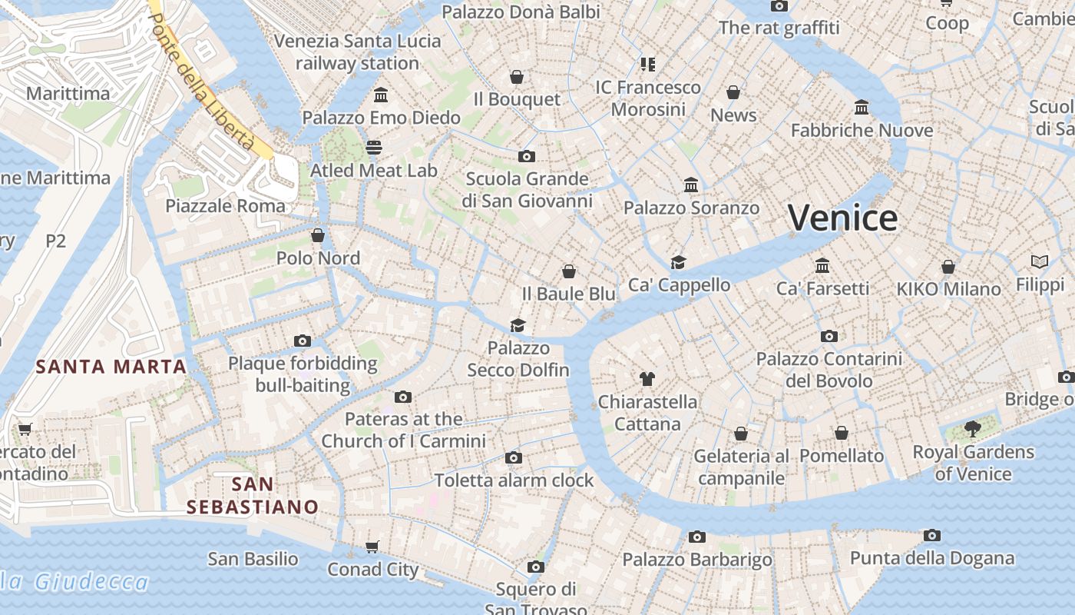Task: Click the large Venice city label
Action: tap(842, 218)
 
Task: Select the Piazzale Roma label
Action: tap(225, 206)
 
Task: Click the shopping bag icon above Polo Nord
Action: tap(318, 235)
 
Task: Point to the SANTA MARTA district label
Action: tap(111, 367)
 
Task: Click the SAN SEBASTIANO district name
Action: tap(253, 496)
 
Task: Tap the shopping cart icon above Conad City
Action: tap(372, 547)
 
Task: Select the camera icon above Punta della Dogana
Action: tap(932, 535)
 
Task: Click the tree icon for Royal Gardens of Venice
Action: tap(973, 429)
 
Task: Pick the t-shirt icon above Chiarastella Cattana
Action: tap(647, 378)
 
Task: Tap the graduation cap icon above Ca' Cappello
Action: tap(678, 262)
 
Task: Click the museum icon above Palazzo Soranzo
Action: tap(691, 185)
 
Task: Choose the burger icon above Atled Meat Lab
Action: tap(374, 147)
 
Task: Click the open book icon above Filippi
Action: tap(1040, 262)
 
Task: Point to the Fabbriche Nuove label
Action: tap(862, 130)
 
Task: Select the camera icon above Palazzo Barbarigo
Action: tap(697, 537)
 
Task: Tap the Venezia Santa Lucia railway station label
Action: tap(357, 52)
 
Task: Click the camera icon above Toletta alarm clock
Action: tap(514, 457)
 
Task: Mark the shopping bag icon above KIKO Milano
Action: tap(948, 267)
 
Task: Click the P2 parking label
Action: tap(55, 241)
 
